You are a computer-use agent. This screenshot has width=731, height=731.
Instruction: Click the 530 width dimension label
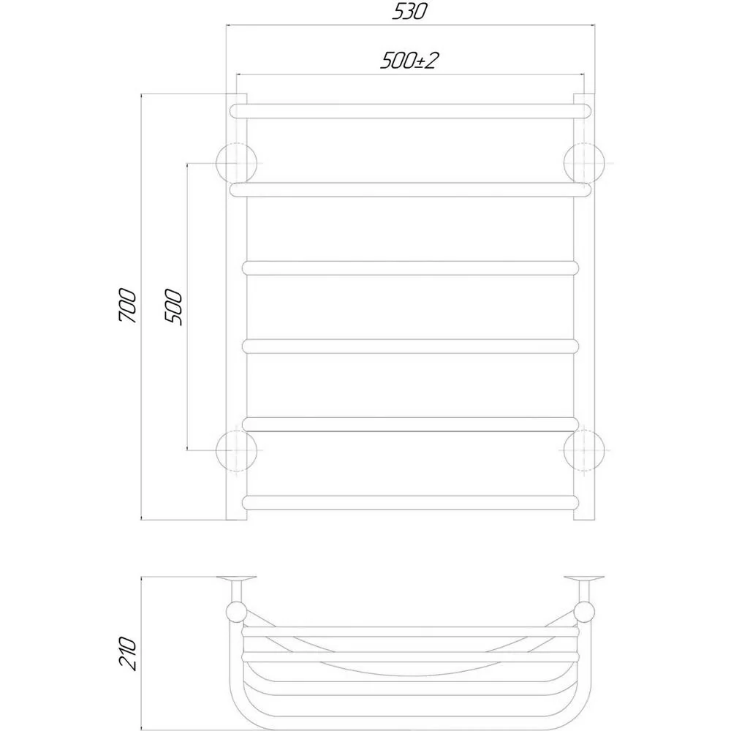tap(409, 11)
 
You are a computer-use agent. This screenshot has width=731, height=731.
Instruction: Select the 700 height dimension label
tap(128, 306)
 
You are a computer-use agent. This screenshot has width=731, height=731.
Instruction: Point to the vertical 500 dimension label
tap(173, 307)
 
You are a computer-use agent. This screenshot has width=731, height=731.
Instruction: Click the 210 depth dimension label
tap(128, 653)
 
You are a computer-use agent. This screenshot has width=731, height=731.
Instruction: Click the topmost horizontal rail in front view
tap(410, 111)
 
